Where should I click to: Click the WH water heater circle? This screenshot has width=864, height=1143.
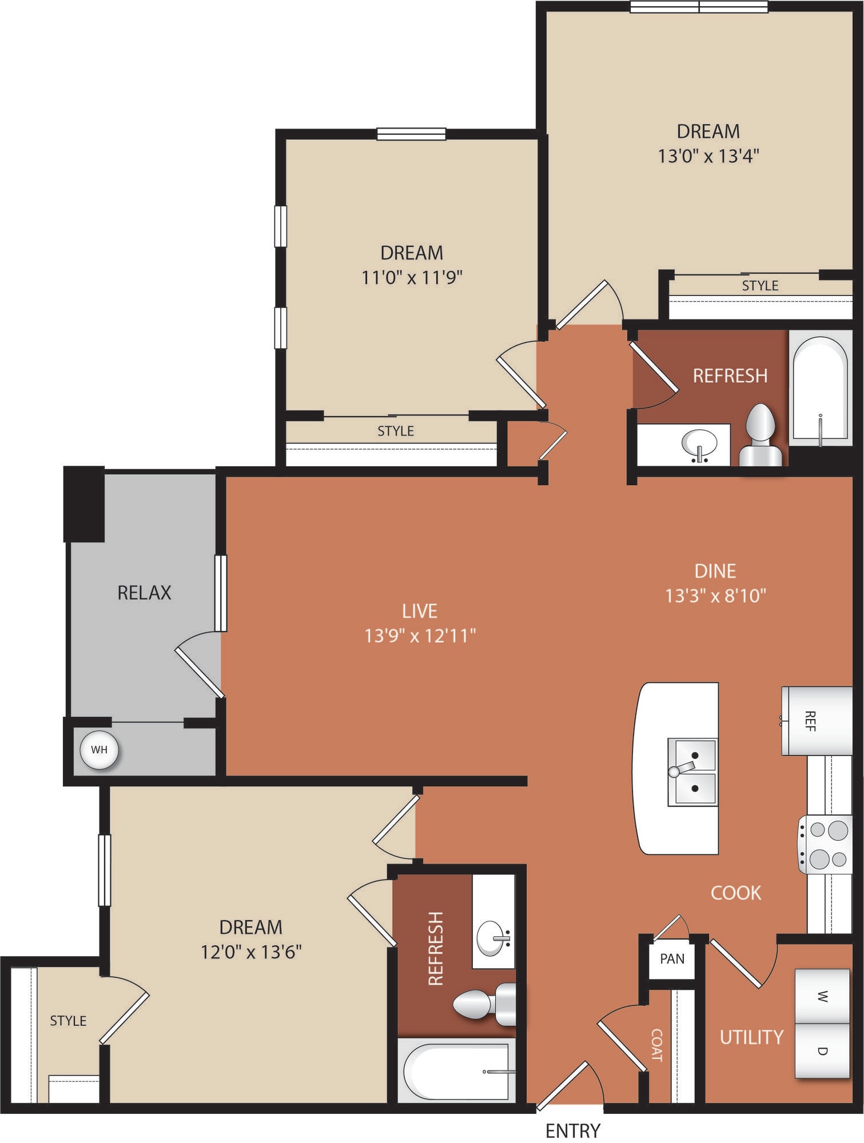click(99, 750)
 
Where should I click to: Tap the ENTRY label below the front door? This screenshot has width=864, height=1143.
click(573, 1130)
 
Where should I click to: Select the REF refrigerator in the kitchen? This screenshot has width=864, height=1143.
click(817, 721)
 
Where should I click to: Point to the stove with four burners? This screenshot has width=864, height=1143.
click(826, 844)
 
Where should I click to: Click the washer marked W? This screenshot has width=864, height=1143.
click(822, 997)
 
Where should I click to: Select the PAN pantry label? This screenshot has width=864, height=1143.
click(672, 958)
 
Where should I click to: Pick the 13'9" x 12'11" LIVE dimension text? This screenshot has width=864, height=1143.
click(420, 636)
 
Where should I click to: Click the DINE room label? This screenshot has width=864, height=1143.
click(715, 571)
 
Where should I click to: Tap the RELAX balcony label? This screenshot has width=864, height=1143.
click(144, 593)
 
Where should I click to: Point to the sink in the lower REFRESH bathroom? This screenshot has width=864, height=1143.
click(493, 938)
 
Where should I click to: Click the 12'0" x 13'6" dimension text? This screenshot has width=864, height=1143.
click(251, 952)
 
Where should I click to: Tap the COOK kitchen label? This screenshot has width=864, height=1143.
click(736, 893)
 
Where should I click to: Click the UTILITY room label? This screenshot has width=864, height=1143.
click(751, 1037)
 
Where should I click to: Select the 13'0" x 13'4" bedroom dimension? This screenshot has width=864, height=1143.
click(708, 156)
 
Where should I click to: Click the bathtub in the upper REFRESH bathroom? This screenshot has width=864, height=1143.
click(821, 389)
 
